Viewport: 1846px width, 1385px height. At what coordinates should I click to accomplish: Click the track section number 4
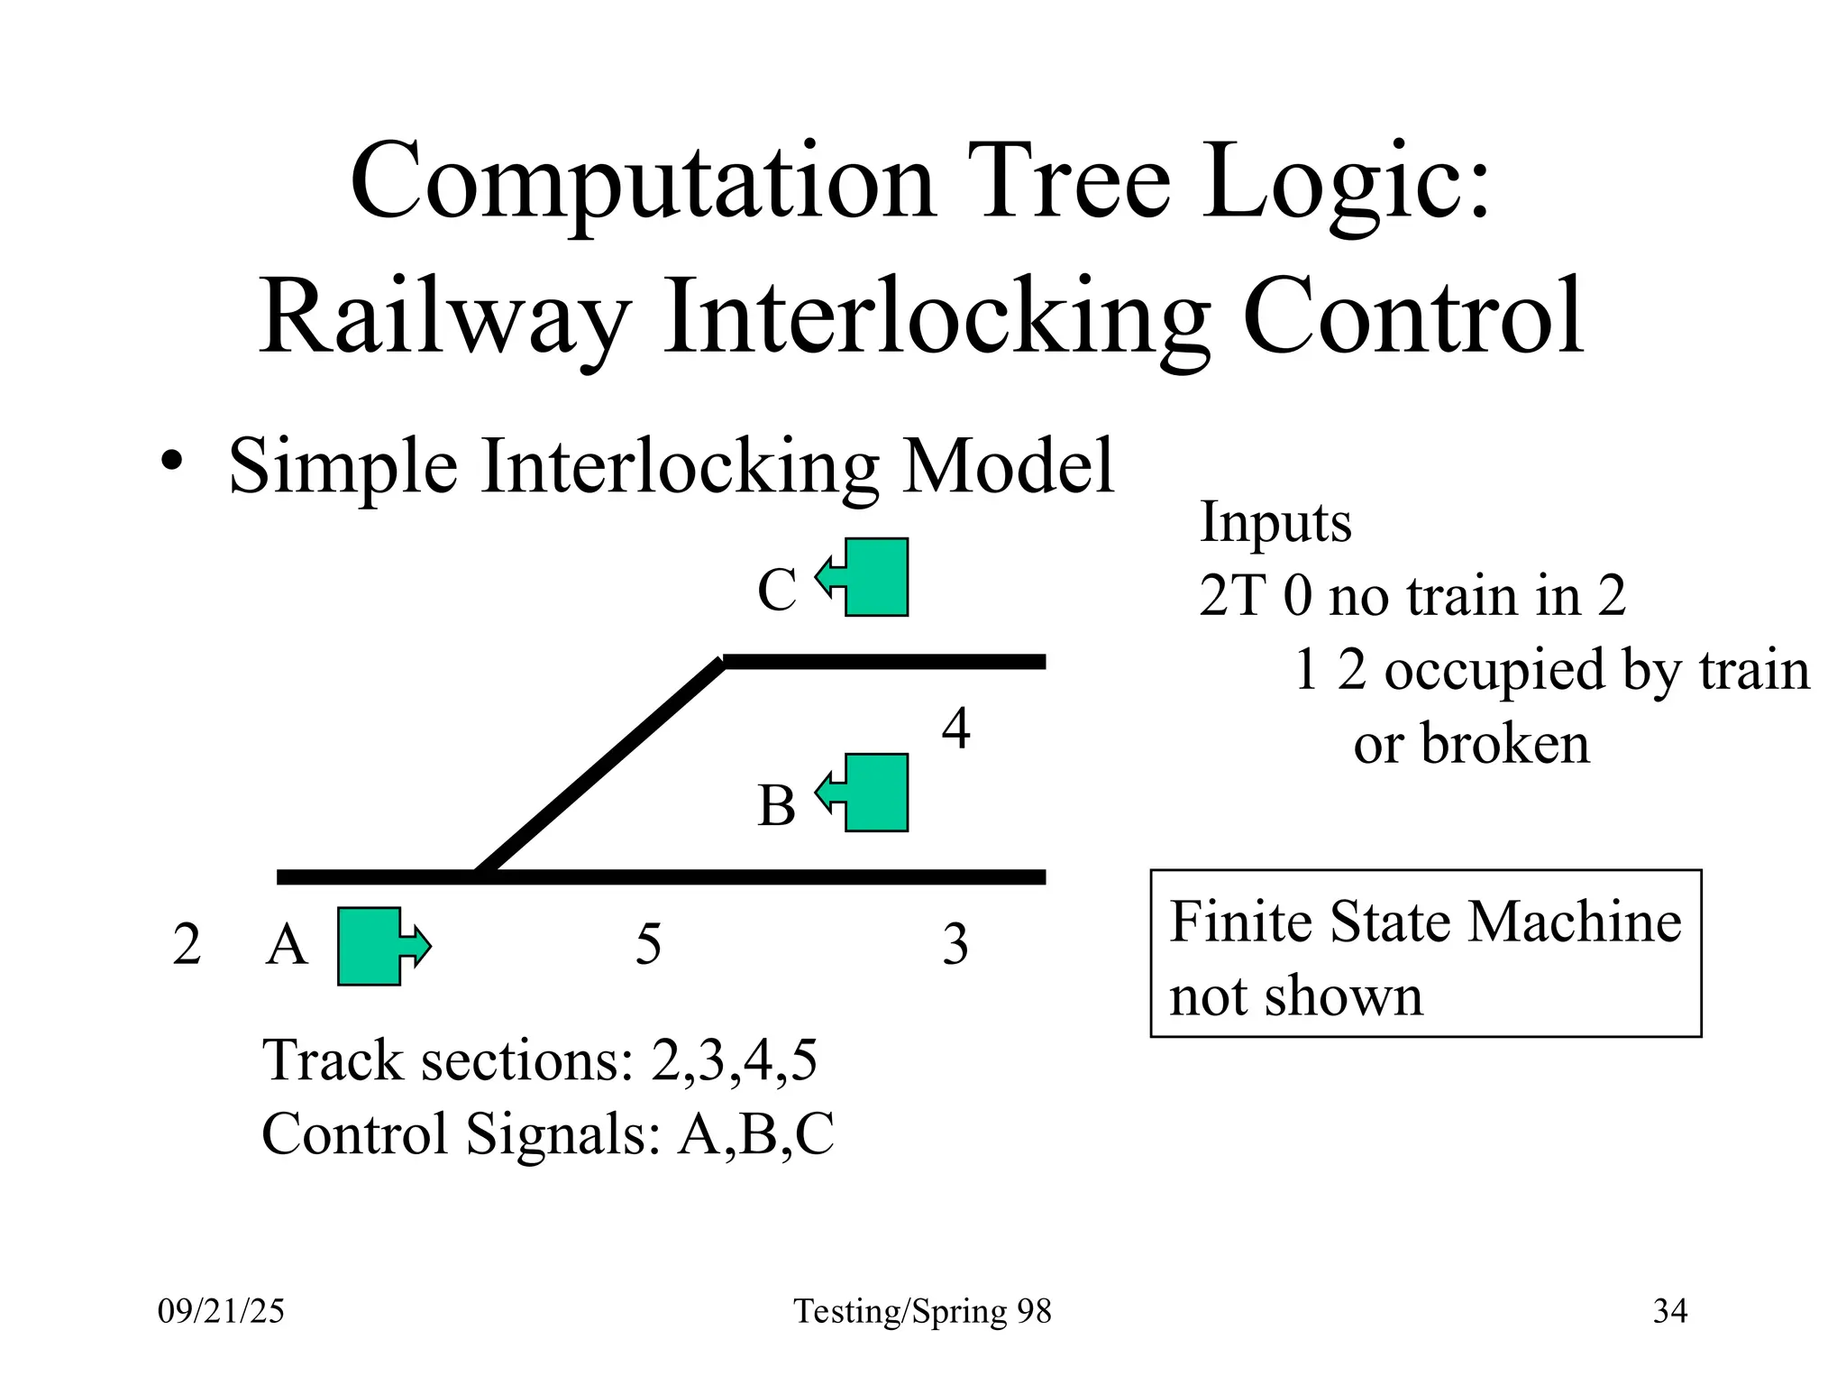[955, 729]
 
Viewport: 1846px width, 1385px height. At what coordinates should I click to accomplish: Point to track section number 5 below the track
[648, 945]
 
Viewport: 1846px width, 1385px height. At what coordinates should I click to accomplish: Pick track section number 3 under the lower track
[955, 945]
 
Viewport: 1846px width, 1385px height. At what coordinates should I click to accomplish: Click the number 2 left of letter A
[187, 945]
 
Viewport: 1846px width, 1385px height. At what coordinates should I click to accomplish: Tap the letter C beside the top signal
[776, 591]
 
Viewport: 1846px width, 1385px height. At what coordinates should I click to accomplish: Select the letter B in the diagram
[776, 805]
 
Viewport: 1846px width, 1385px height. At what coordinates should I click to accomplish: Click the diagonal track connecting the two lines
[600, 767]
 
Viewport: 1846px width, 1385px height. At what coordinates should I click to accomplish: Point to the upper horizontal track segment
[883, 662]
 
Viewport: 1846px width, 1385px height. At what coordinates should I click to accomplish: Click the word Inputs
[1275, 523]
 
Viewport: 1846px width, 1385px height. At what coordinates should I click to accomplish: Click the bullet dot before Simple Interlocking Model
[171, 463]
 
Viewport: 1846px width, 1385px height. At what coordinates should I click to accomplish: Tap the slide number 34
[1669, 1311]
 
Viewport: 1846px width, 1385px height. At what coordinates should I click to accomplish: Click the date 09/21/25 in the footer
[221, 1311]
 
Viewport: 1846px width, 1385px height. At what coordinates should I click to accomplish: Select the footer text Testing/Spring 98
[922, 1311]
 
